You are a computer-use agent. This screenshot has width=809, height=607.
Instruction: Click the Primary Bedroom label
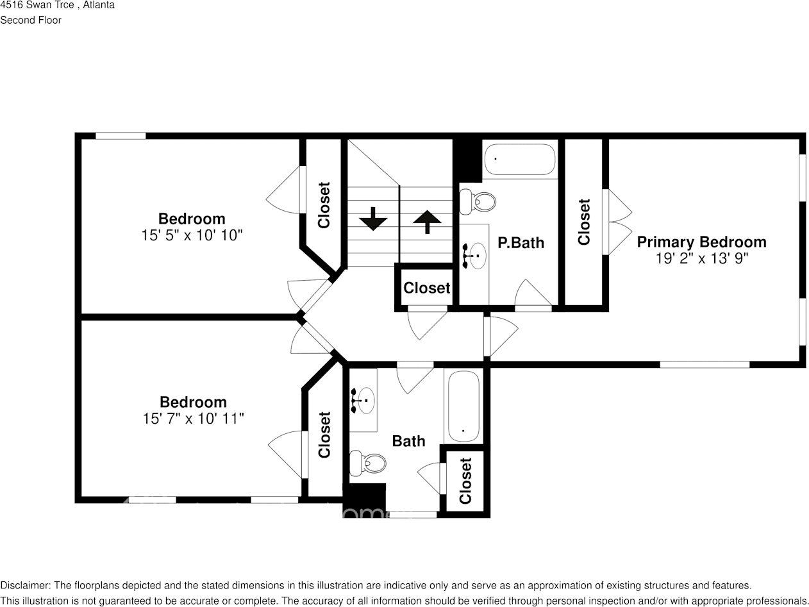pos(701,242)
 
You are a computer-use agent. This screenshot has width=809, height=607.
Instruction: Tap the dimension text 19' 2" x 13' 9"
pos(701,258)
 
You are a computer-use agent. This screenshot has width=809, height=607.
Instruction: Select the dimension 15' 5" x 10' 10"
pos(192,235)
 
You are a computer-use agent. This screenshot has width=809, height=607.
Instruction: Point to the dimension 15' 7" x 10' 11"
pos(193,419)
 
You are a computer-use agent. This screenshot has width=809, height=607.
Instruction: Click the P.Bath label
pos(521,243)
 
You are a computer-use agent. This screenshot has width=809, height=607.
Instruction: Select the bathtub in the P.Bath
pos(519,159)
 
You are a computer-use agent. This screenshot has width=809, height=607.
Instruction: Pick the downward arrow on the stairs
pos(372,219)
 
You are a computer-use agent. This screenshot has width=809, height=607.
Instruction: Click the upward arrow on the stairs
pos(427,222)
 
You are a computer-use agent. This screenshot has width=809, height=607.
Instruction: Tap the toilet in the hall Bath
pos(368,462)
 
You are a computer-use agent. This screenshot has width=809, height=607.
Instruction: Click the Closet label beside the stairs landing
pos(426,288)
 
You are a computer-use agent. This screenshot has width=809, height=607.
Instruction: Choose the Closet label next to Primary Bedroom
pos(583,222)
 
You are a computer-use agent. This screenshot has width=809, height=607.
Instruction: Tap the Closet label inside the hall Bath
pos(465,481)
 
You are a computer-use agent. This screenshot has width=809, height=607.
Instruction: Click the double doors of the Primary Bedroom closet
pos(617,222)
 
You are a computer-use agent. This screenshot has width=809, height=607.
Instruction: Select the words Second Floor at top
pos(31,20)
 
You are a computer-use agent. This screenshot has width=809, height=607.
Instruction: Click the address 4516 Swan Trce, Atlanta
pos(58,5)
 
